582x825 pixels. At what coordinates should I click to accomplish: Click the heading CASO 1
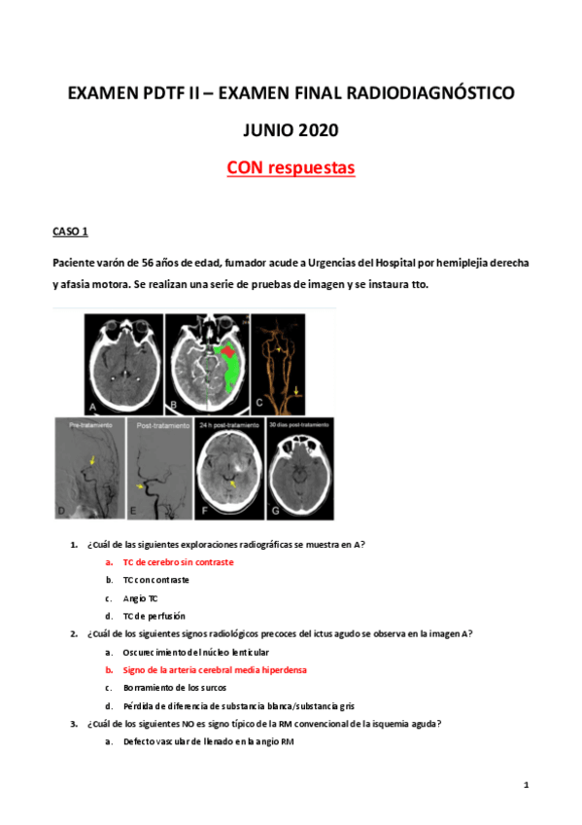coord(70,232)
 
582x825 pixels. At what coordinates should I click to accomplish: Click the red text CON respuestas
coord(291,168)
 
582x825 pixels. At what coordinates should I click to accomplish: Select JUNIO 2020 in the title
coord(291,130)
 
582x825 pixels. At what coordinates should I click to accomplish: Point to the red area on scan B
coord(228,350)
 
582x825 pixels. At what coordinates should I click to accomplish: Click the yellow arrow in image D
coord(93,460)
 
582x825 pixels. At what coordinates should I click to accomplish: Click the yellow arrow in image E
coord(142,484)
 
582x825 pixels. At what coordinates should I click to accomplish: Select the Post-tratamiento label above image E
coord(158,425)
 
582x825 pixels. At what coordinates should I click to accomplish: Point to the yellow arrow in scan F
coord(231,483)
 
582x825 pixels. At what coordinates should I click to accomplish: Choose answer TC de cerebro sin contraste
coord(178,562)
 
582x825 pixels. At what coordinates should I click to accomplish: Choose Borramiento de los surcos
coord(176,687)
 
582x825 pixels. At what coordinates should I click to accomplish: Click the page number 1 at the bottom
coord(525,784)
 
